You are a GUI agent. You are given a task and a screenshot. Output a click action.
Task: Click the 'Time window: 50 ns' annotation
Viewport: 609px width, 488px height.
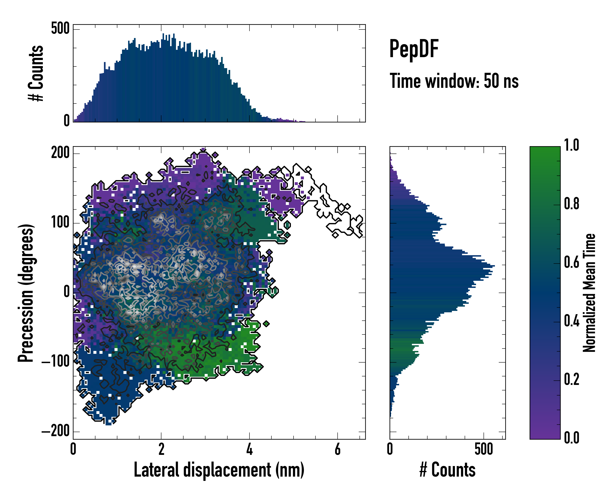click(x=454, y=81)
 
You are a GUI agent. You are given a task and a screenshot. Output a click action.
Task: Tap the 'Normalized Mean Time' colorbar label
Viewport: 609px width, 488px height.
click(x=589, y=293)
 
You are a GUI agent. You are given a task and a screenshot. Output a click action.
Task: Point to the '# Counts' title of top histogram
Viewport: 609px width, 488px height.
click(x=36, y=73)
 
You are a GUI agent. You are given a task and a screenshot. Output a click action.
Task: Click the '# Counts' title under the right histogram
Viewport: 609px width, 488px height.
click(x=447, y=470)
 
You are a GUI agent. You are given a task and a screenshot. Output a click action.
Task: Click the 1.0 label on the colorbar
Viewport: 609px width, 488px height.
click(x=571, y=145)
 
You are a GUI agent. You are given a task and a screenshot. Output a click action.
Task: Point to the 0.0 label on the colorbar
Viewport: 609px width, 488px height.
click(x=571, y=437)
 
